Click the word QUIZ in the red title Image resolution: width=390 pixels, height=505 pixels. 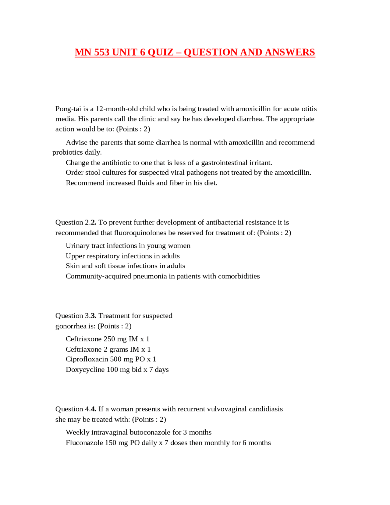(x=160, y=52)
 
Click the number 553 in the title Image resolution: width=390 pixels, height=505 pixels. (x=101, y=52)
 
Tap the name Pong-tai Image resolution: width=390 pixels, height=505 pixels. (x=68, y=109)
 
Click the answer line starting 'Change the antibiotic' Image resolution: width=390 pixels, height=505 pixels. (x=169, y=163)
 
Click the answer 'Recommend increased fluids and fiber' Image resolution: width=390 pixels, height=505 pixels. (x=141, y=183)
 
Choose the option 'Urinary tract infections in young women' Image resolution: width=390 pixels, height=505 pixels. (x=128, y=246)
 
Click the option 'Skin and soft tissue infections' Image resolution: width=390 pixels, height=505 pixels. (x=125, y=266)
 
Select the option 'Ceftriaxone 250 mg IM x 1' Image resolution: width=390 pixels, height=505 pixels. (x=108, y=339)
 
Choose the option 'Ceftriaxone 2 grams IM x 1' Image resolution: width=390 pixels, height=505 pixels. (x=108, y=349)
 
